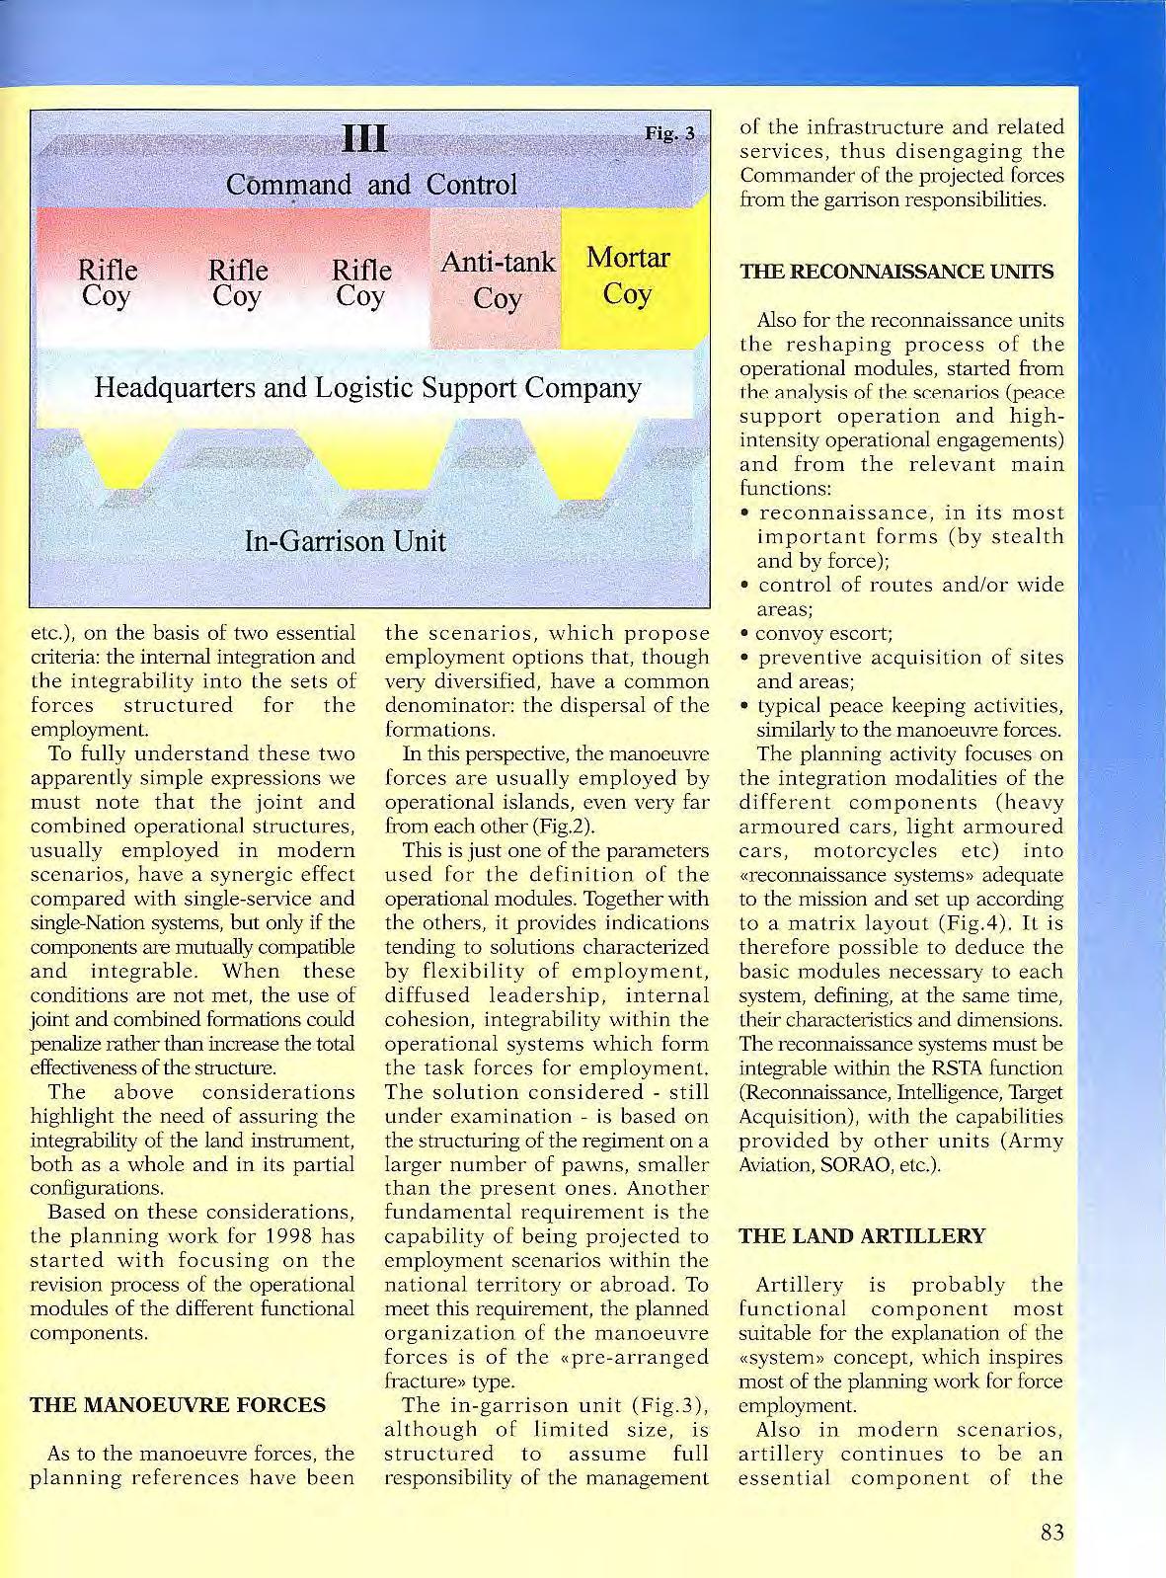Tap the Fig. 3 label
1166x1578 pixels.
coord(670,132)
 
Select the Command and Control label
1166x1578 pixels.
coord(371,185)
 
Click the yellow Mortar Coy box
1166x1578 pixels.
coord(628,276)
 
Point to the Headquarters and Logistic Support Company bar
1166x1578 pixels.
coord(367,387)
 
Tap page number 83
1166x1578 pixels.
coord(1051,1533)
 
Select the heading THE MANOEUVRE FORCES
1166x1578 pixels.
coord(178,1404)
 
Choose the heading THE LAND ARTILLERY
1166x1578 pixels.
coord(862,1235)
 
